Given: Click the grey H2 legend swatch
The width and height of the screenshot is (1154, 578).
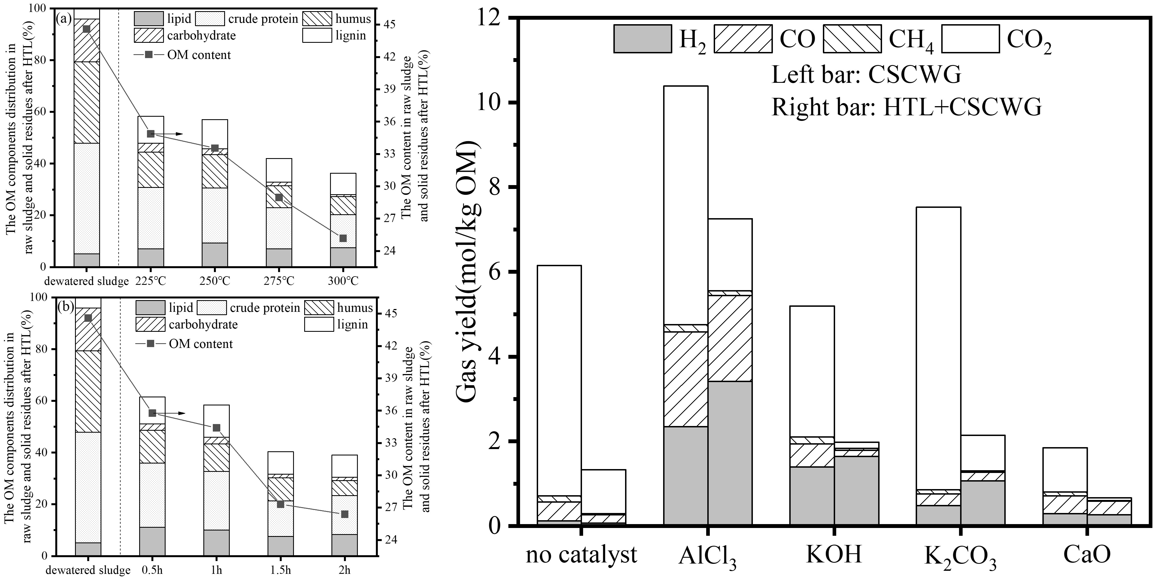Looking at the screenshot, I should pos(642,39).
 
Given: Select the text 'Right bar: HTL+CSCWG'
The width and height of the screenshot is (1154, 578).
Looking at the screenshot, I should pos(906,108).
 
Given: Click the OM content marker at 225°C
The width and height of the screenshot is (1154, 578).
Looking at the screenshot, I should pos(151,133).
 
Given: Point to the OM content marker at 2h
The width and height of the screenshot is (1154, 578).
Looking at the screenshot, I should pos(344,514).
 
